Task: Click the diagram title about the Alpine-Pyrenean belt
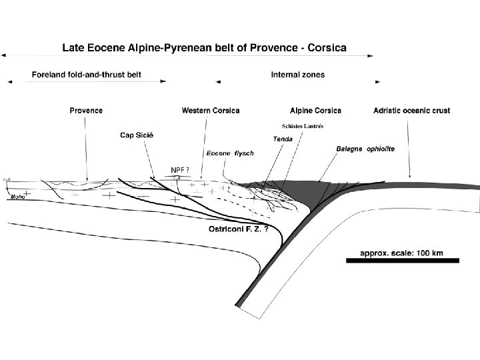pyautogui.click(x=209, y=48)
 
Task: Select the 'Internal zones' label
pyautogui.click(x=297, y=75)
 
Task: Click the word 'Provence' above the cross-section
pyautogui.click(x=86, y=110)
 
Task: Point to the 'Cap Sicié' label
pyautogui.click(x=137, y=135)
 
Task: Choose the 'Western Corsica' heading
pyautogui.click(x=211, y=110)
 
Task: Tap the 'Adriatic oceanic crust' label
pyautogui.click(x=413, y=110)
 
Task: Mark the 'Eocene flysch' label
pyautogui.click(x=229, y=153)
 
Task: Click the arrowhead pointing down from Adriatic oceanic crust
pyautogui.click(x=410, y=176)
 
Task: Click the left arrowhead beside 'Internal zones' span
pyautogui.click(x=218, y=83)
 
